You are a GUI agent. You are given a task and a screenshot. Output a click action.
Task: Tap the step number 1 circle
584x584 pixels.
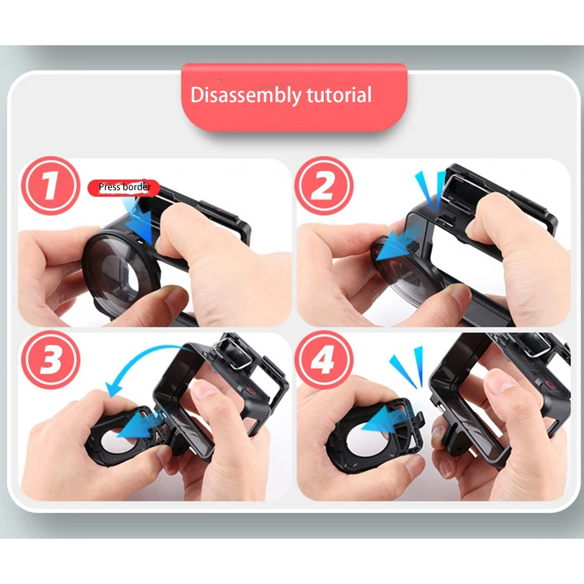pos(50,187)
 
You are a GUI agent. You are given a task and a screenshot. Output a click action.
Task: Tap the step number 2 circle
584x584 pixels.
pos(324,187)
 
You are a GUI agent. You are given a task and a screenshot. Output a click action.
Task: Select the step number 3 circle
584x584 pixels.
pos(50,360)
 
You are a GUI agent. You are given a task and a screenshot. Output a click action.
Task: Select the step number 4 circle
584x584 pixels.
pos(324,360)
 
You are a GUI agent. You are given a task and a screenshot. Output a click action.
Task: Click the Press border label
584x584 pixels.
pos(124,187)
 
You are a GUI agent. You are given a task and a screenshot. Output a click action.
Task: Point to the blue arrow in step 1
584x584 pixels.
pos(139,221)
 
